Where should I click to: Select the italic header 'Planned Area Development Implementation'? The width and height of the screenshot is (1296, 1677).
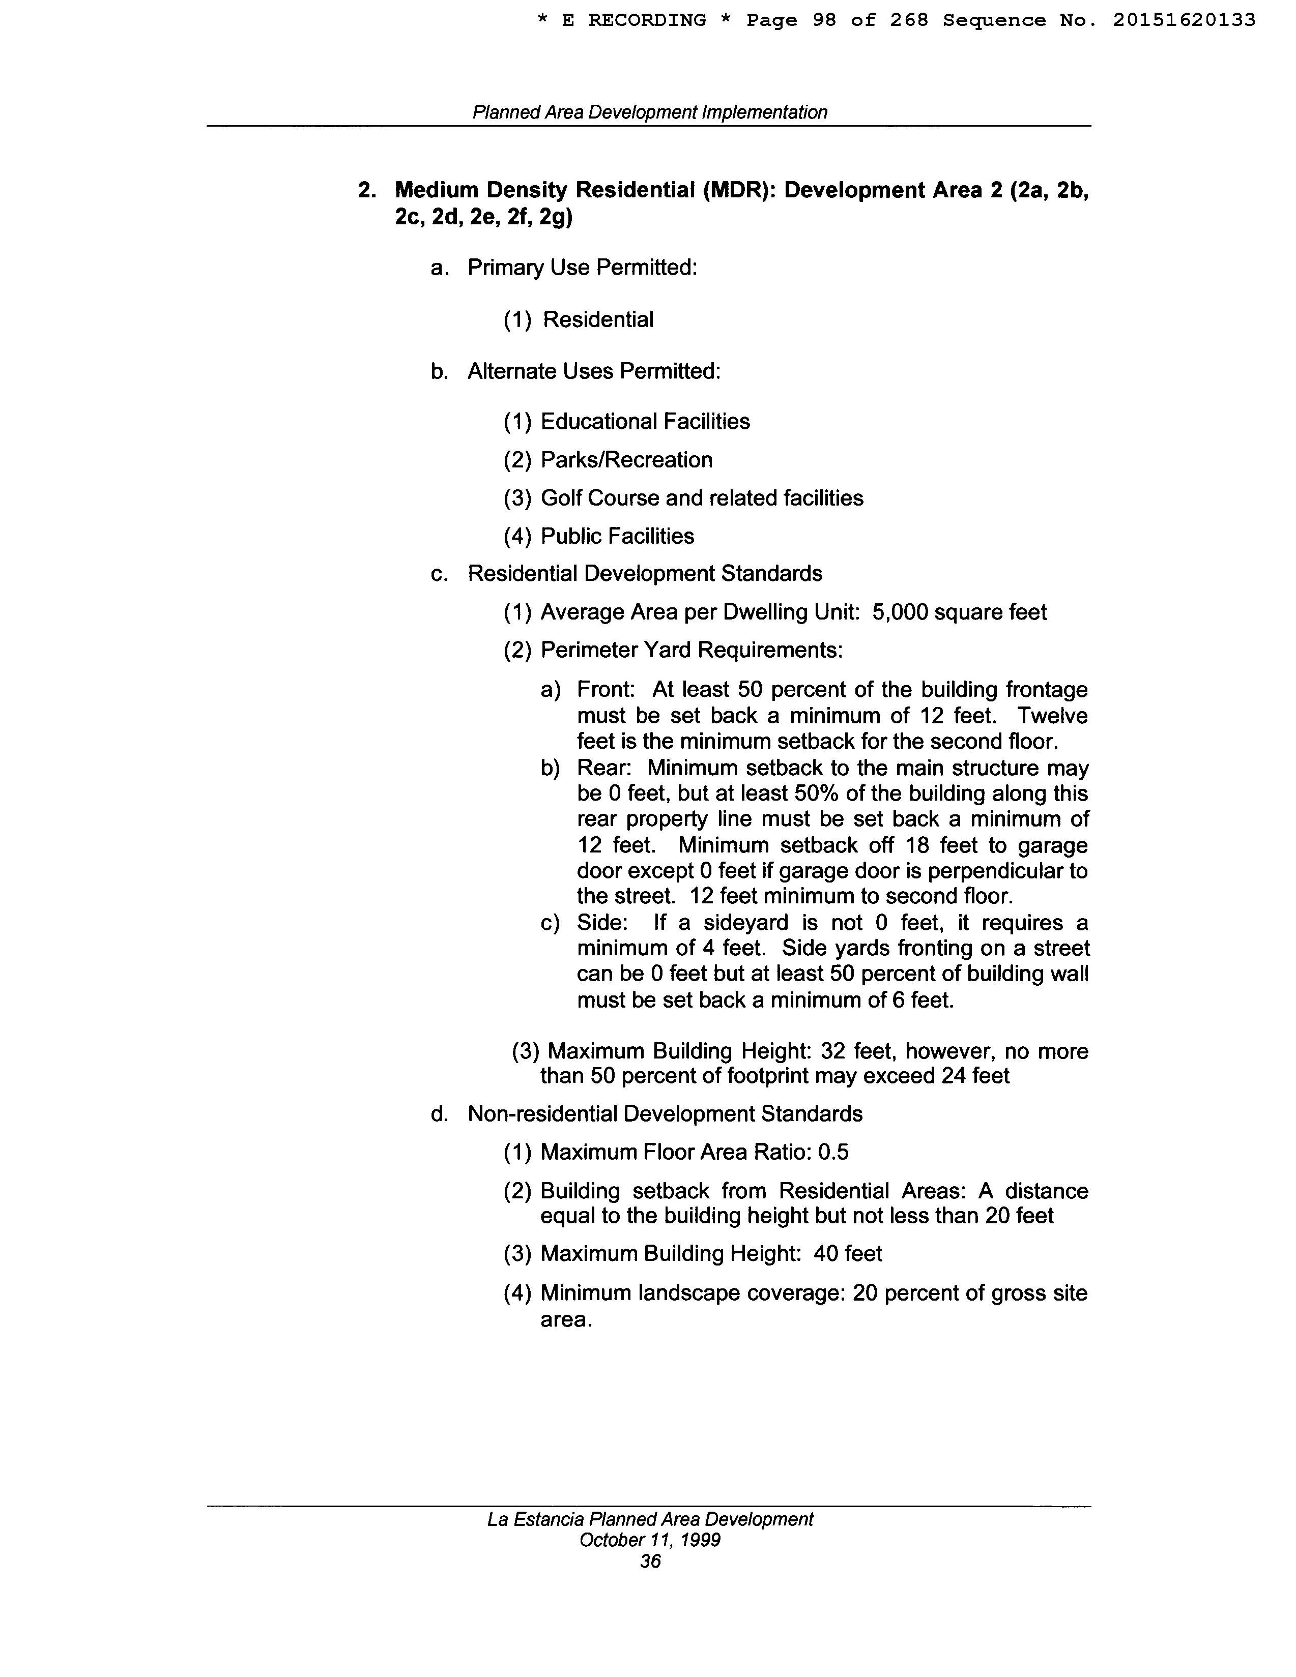tap(649, 112)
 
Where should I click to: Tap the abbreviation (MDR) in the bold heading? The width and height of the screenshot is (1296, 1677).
tap(737, 190)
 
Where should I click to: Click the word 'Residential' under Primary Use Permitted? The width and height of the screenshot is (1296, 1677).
tap(598, 319)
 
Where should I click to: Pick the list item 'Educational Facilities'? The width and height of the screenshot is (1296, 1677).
tap(645, 422)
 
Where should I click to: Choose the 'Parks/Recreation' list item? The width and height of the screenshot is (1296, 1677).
tap(626, 460)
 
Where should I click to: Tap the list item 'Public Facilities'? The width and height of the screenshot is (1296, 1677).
tap(617, 536)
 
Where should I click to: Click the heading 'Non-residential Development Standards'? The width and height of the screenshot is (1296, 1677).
tap(665, 1113)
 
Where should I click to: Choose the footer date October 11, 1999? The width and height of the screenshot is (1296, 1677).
tap(649, 1540)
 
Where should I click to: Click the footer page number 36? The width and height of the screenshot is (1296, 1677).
tap(650, 1561)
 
